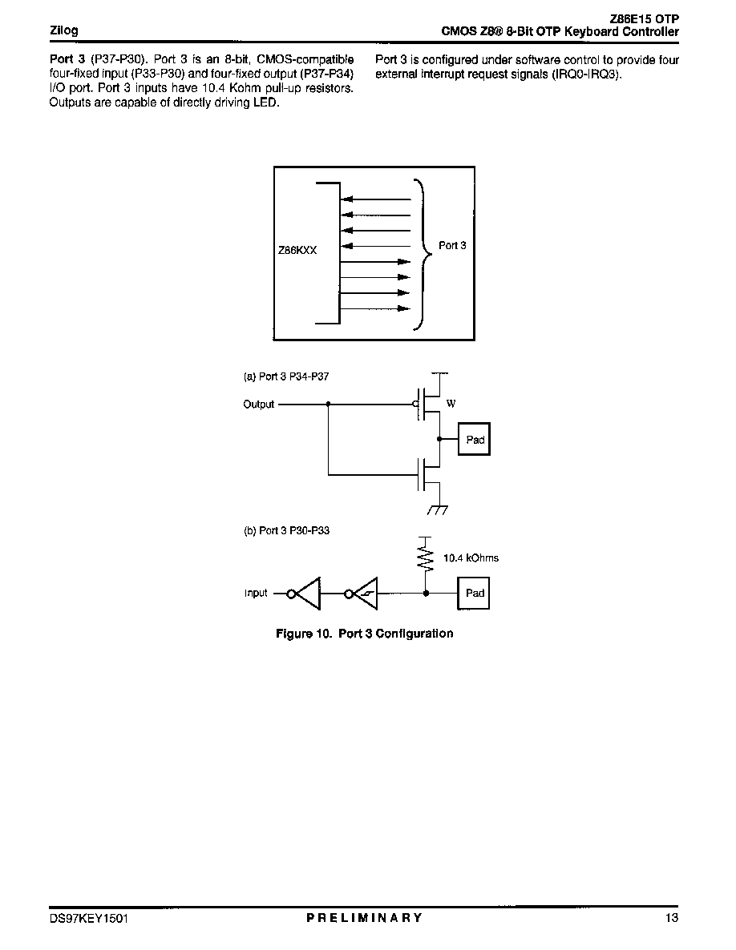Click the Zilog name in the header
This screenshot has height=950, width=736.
click(63, 30)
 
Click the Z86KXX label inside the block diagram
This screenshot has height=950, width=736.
click(297, 250)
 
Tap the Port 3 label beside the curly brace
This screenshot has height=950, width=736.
click(452, 245)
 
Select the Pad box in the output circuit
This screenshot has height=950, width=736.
click(474, 439)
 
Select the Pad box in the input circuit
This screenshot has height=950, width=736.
click(474, 593)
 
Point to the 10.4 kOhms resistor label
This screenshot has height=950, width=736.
click(471, 558)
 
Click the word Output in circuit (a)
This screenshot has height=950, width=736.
click(259, 405)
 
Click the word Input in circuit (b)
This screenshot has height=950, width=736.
click(256, 593)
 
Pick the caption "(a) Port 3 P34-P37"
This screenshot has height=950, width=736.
click(286, 376)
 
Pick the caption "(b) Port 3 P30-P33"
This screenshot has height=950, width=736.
click(286, 530)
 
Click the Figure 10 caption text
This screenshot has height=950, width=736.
click(364, 634)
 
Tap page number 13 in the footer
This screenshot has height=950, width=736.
click(672, 918)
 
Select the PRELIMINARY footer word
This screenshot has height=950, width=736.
click(364, 918)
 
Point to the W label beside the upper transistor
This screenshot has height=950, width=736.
click(451, 404)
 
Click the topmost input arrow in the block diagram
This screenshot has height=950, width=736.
click(377, 199)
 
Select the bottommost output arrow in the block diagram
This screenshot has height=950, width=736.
click(375, 308)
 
